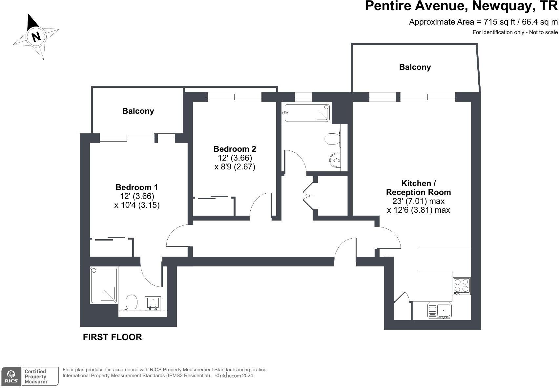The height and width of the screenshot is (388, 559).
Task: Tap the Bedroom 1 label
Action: [136, 187]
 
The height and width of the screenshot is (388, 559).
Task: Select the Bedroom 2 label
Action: [235, 149]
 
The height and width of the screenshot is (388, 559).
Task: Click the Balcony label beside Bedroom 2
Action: [138, 111]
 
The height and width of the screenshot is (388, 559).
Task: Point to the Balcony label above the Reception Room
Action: [415, 67]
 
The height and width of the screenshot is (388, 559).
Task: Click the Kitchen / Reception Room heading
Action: [418, 188]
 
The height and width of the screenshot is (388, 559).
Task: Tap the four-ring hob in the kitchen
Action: [461, 285]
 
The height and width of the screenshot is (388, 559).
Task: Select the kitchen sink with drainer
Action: [439, 311]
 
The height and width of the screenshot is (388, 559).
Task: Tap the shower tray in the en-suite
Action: [104, 285]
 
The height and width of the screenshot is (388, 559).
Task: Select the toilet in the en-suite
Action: [132, 302]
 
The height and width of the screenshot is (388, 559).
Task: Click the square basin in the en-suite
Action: [153, 303]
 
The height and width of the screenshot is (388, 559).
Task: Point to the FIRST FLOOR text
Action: [112, 337]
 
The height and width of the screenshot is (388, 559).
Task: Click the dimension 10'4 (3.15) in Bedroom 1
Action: [137, 205]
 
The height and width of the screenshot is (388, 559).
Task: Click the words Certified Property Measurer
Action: [36, 377]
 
